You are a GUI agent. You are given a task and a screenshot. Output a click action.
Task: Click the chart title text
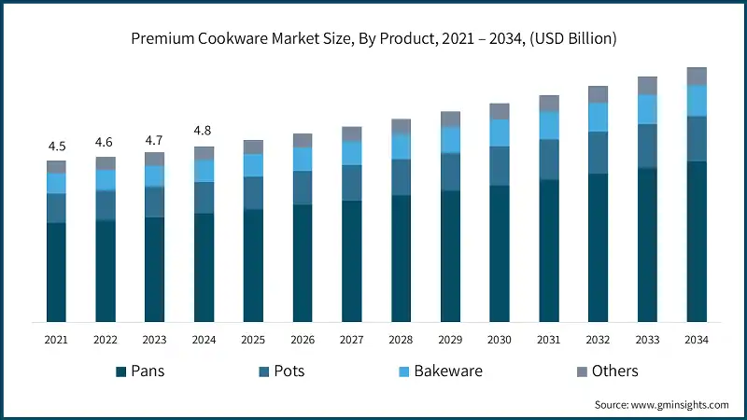(x=373, y=38)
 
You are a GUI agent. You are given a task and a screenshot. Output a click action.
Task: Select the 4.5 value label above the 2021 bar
(x=57, y=147)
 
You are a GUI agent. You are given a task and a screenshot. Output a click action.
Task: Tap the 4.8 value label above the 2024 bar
(x=204, y=131)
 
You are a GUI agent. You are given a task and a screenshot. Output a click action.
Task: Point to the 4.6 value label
(x=106, y=142)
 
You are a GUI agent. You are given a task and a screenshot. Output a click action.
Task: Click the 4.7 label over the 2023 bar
(x=154, y=139)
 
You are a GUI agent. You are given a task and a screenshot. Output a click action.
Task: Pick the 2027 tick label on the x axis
(x=351, y=340)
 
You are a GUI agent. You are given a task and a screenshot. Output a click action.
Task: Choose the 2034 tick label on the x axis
(x=696, y=340)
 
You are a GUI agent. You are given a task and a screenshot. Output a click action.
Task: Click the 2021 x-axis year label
(x=57, y=340)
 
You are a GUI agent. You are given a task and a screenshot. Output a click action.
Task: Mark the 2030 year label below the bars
(x=499, y=340)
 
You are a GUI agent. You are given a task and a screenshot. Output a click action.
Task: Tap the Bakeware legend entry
(x=439, y=371)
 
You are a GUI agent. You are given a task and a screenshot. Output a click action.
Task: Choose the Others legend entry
(x=605, y=371)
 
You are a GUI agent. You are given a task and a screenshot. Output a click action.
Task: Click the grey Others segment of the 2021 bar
(x=57, y=167)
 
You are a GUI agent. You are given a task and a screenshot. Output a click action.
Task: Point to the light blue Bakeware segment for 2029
(x=450, y=140)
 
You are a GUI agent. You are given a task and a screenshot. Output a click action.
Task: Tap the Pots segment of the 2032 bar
(x=598, y=152)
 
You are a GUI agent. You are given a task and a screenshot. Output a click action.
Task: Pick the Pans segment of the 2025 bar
(x=252, y=265)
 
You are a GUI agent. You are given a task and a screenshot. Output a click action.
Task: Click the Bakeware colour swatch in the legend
(x=403, y=371)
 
